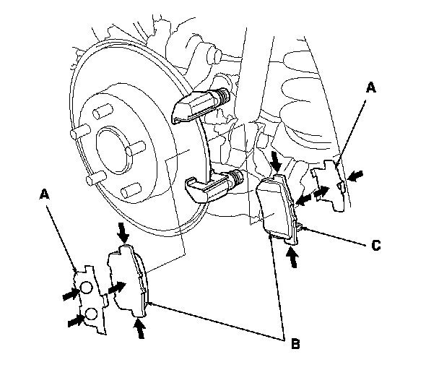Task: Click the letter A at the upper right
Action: (371, 87)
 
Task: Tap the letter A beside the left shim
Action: (45, 194)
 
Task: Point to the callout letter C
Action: (375, 246)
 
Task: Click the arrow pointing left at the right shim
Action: (355, 176)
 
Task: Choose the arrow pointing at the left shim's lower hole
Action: (74, 319)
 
